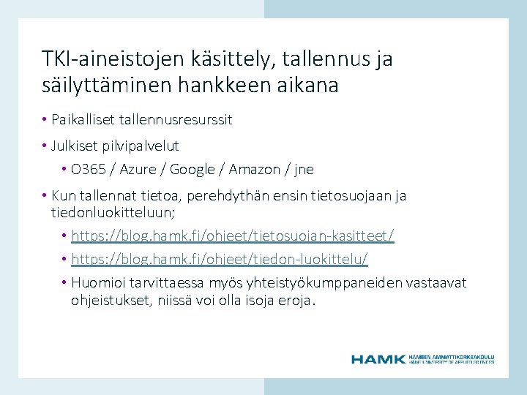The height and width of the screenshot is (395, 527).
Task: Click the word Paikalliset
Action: [x=81, y=119]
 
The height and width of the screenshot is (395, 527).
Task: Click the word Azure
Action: [x=138, y=170]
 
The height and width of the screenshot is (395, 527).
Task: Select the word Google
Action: [x=193, y=170]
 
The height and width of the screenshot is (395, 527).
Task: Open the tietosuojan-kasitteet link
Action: [x=233, y=236]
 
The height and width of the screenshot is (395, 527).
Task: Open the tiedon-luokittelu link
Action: [x=220, y=259]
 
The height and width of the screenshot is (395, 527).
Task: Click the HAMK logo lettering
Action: [x=378, y=359]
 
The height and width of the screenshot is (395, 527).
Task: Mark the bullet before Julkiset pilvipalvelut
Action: [x=45, y=146]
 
